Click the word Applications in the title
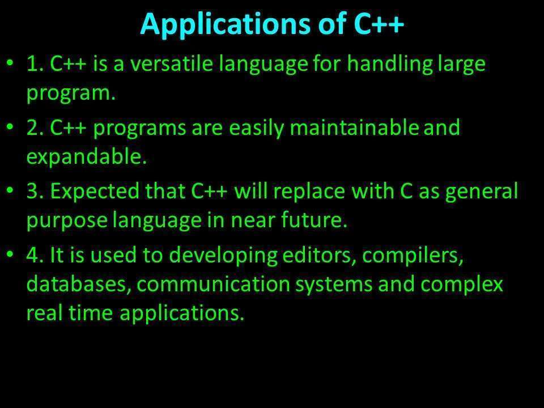pyautogui.click(x=226, y=24)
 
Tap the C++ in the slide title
pyautogui.click(x=379, y=24)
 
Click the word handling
pyautogui.click(x=390, y=65)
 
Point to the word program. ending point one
pyautogui.click(x=71, y=93)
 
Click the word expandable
pyautogui.click(x=87, y=157)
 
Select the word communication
pyautogui.click(x=214, y=284)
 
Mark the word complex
pyautogui.click(x=461, y=284)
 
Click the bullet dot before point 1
pyautogui.click(x=10, y=63)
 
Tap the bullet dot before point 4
pyautogui.click(x=10, y=254)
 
